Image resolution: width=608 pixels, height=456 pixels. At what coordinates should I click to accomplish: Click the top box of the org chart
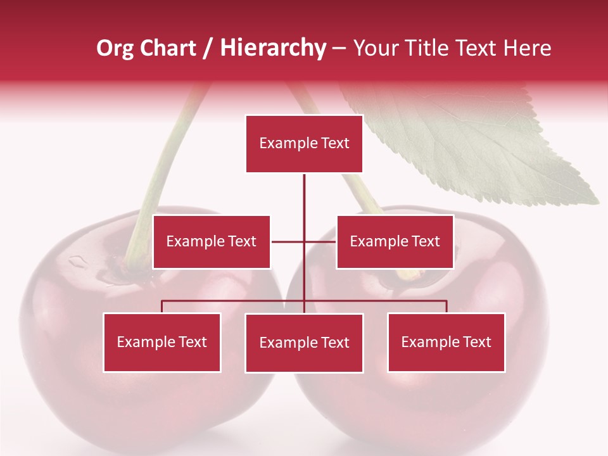304,144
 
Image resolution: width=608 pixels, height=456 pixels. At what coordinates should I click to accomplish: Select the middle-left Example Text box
211,242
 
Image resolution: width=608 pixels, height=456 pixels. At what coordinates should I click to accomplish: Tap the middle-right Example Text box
395,242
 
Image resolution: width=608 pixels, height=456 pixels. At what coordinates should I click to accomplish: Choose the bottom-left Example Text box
161,343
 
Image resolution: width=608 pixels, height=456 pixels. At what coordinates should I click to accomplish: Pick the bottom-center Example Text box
304,343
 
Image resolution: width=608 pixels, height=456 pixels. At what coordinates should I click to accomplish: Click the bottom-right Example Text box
446,343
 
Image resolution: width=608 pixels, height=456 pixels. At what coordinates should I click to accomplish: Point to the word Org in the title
115,48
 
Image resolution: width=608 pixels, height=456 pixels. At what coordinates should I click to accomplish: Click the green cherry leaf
481,146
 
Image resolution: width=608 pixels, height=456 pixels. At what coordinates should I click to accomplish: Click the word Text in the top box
335,143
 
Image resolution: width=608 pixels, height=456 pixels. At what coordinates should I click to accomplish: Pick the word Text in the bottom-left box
193,343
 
